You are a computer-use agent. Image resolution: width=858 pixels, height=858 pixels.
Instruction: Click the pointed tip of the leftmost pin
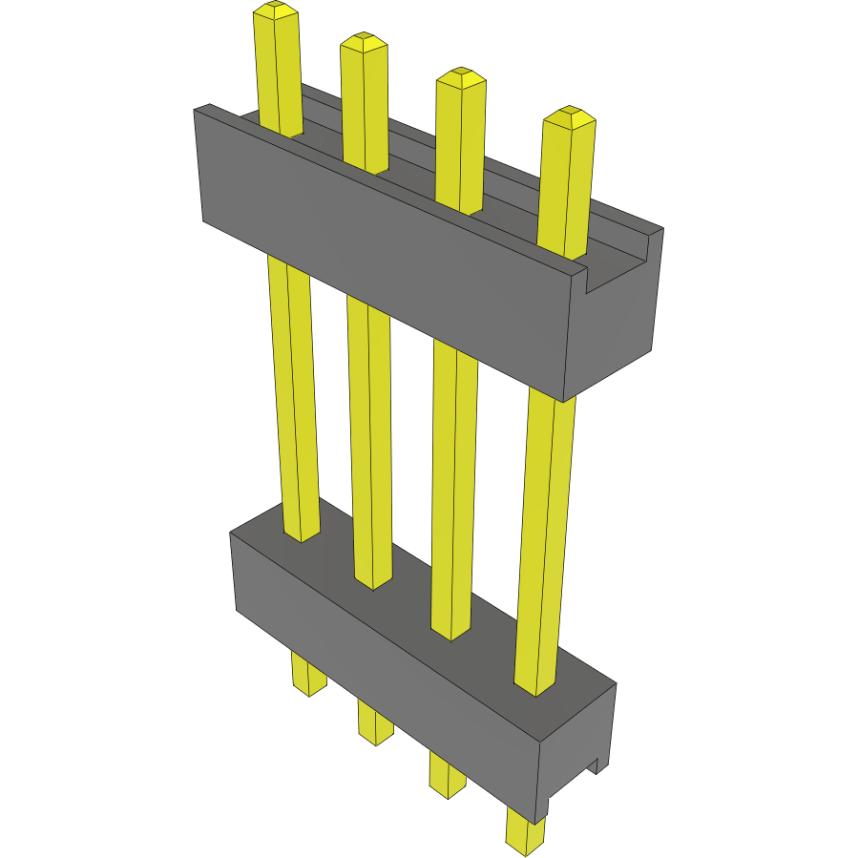click(x=276, y=10)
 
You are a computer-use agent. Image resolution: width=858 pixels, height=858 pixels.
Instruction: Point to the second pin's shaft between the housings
click(x=370, y=439)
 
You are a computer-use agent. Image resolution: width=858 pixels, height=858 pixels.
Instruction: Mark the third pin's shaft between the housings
click(x=453, y=487)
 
